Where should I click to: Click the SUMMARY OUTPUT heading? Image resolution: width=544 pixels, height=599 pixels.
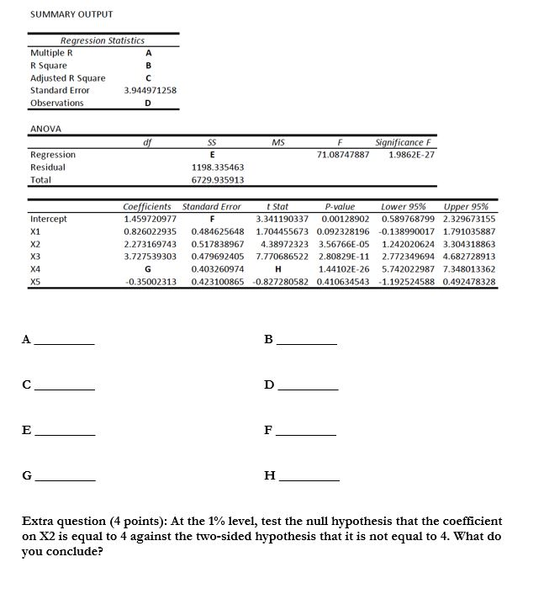71,14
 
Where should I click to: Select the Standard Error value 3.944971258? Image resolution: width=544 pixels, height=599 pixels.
150,90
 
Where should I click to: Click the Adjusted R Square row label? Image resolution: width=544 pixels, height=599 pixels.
68,78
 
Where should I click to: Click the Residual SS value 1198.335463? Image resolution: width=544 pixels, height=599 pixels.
218,167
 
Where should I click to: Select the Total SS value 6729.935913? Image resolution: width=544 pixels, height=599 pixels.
218,179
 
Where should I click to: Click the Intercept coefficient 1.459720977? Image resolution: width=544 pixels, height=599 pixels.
150,219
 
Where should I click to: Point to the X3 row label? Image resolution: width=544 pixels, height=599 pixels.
35,256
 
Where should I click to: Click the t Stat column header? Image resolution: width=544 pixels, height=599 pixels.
277,206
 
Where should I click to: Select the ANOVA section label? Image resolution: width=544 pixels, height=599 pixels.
46,129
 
